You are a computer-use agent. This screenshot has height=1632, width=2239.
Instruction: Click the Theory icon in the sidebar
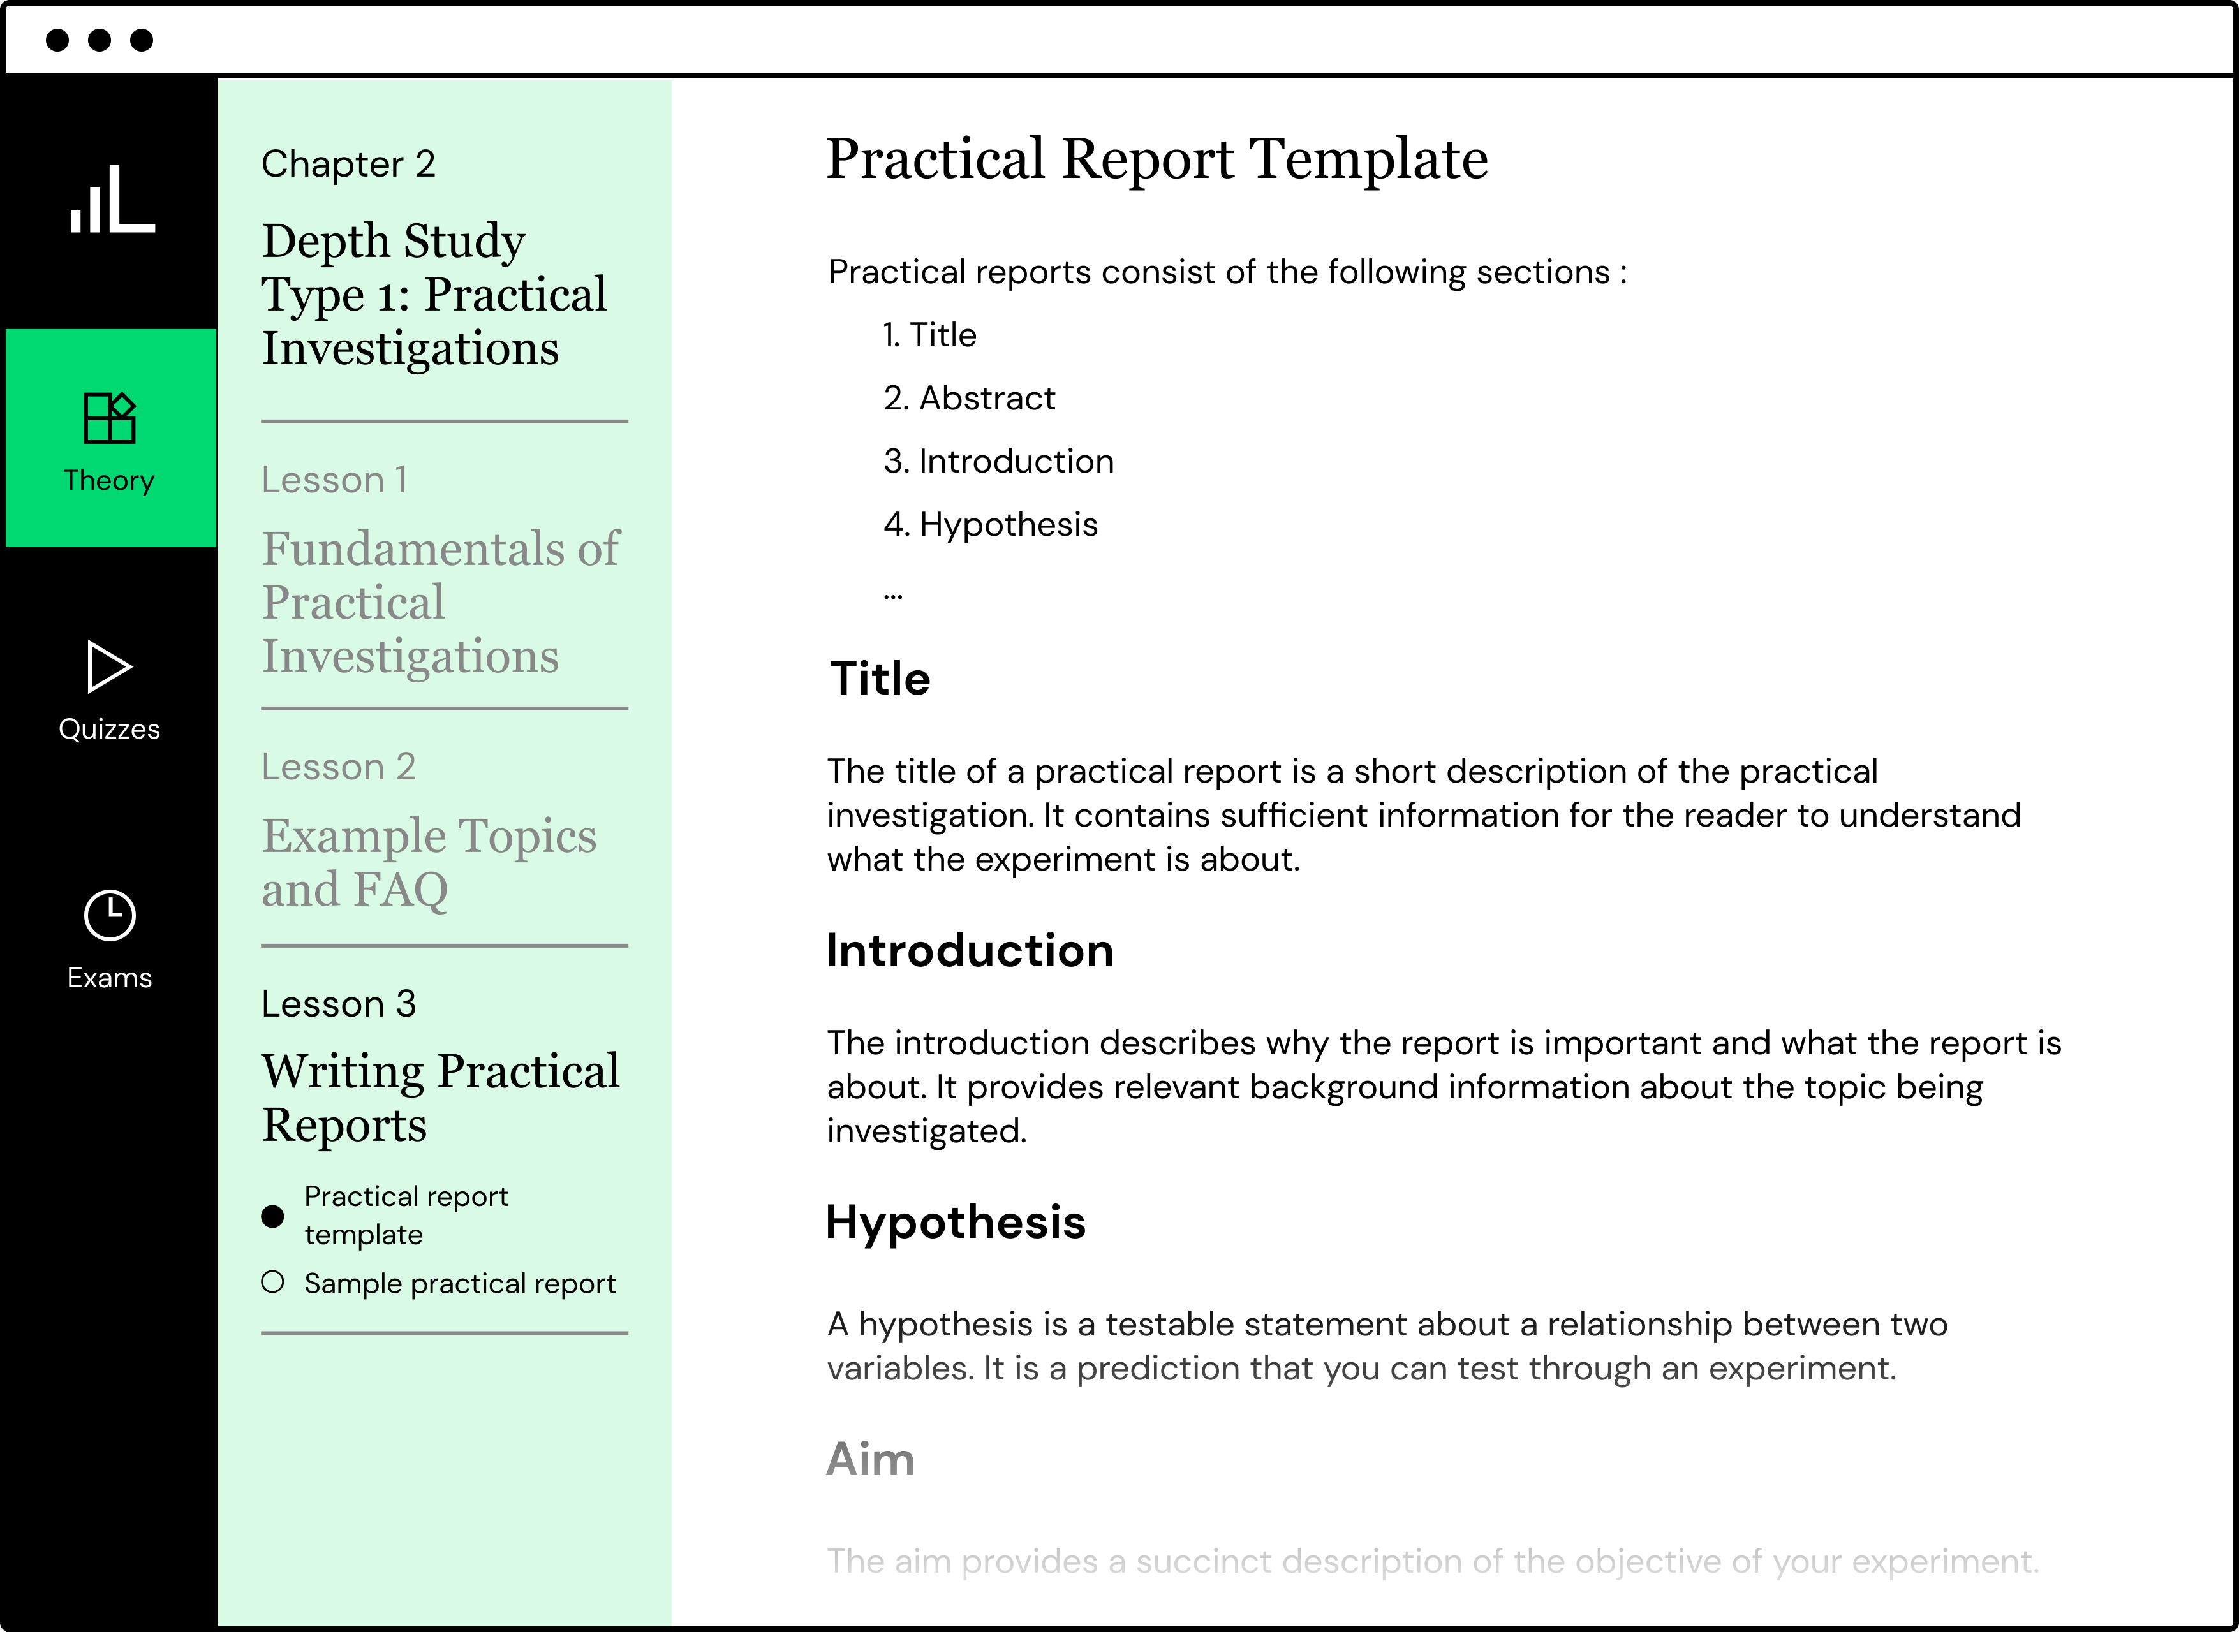pos(110,418)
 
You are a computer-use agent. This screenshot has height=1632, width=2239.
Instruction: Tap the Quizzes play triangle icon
pos(108,667)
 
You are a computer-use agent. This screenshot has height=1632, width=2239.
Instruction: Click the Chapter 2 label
pos(348,164)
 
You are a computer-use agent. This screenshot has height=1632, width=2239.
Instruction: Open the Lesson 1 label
pos(334,480)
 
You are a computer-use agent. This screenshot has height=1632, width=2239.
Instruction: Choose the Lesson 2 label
pos(338,767)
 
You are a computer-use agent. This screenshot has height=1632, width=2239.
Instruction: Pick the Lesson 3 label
pos(338,1004)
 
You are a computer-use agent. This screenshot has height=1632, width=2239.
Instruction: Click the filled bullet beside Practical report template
pos(273,1216)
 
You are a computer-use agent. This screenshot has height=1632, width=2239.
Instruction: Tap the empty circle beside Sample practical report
pos(273,1283)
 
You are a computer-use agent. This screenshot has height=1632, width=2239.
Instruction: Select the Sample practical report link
pos(459,1283)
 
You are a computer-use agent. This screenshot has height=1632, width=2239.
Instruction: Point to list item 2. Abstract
pos(970,398)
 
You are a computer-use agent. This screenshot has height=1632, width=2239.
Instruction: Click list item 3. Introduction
pos(998,461)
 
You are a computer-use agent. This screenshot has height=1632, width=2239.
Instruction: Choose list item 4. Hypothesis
pos(990,525)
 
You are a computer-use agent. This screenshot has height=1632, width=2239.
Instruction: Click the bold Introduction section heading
pos(970,950)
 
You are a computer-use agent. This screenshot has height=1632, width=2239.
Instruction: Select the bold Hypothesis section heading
pos(956,1222)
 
